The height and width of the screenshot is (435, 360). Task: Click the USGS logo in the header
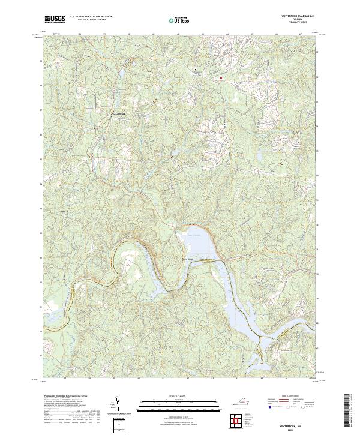pyautogui.click(x=55, y=19)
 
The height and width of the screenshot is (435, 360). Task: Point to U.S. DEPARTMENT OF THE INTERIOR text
pyautogui.click(x=91, y=17)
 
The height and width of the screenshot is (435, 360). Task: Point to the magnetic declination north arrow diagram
pyautogui.click(x=117, y=405)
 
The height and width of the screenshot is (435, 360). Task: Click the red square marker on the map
pyautogui.click(x=221, y=78)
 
